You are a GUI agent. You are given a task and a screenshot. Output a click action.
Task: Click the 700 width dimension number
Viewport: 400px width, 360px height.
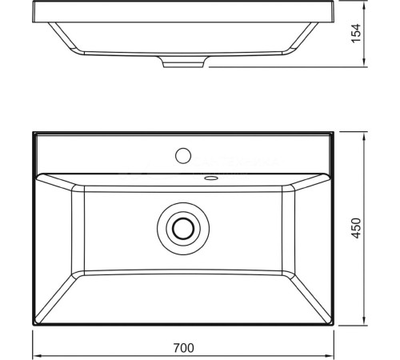click(185, 348)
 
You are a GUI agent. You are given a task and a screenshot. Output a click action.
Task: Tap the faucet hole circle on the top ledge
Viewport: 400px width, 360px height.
click(183, 153)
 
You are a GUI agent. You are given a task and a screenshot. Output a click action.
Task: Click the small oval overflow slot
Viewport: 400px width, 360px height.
click(211, 178)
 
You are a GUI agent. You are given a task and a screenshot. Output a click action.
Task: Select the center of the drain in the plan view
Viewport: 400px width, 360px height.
click(184, 229)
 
